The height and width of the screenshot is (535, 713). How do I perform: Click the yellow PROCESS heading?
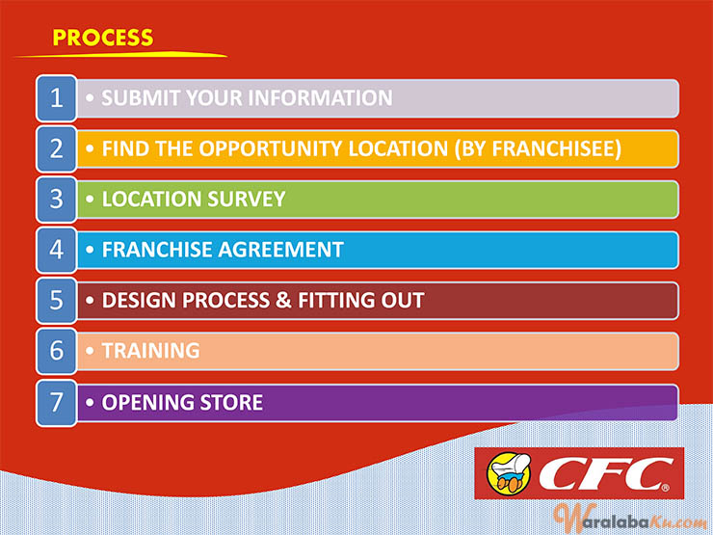[x=103, y=38]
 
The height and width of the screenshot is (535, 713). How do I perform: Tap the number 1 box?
[x=57, y=98]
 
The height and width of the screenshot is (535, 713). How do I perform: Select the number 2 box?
[x=57, y=148]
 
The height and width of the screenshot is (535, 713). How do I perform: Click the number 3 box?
[x=57, y=200]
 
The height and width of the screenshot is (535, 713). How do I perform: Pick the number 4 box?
[x=57, y=250]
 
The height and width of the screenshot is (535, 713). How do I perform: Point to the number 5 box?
[x=57, y=300]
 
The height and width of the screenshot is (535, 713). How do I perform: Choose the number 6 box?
[x=57, y=351]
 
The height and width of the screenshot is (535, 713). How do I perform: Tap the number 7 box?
[x=57, y=403]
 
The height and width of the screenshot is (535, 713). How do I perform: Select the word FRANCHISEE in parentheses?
[x=553, y=148]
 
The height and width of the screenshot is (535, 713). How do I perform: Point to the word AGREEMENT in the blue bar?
[x=280, y=250]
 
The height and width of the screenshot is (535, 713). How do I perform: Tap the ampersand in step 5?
[x=283, y=300]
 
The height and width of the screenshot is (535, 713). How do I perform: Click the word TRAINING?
[x=150, y=351]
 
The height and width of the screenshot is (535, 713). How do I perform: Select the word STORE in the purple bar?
[x=231, y=403]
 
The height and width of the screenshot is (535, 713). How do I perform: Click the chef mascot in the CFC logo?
[x=509, y=472]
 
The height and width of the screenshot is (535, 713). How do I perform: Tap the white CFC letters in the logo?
[x=606, y=474]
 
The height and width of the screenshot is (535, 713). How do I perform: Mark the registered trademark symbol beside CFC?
[x=665, y=488]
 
